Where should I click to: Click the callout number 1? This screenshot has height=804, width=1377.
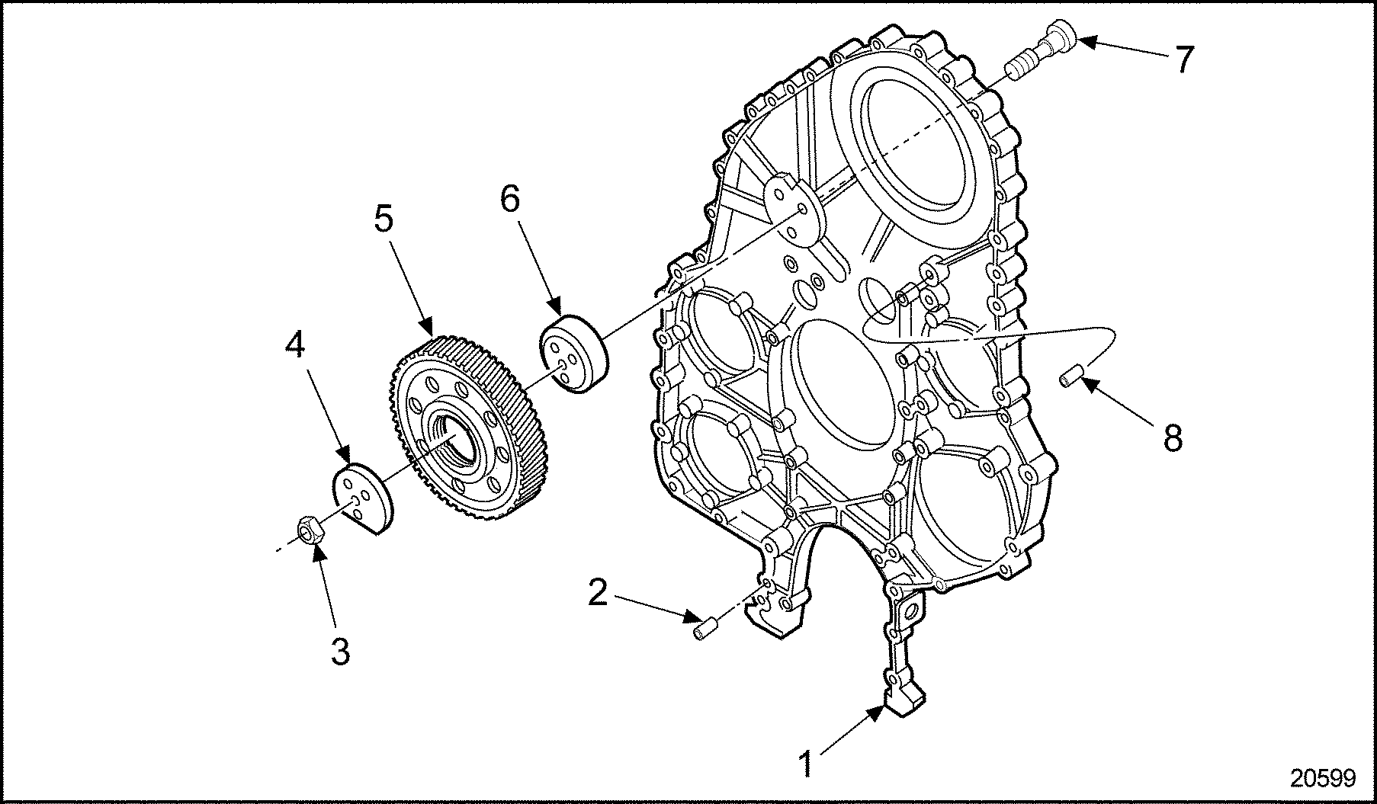click(806, 763)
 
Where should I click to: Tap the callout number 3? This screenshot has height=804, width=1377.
click(340, 652)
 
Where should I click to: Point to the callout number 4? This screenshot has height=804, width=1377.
click(295, 346)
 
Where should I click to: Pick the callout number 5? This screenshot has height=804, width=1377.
click(384, 219)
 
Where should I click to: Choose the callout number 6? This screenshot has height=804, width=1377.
click(509, 199)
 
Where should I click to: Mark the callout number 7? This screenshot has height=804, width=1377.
click(1183, 59)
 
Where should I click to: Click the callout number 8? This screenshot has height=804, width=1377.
click(1172, 438)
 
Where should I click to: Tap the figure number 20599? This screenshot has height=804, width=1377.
click(1322, 778)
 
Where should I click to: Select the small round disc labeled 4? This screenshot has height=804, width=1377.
click(363, 499)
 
